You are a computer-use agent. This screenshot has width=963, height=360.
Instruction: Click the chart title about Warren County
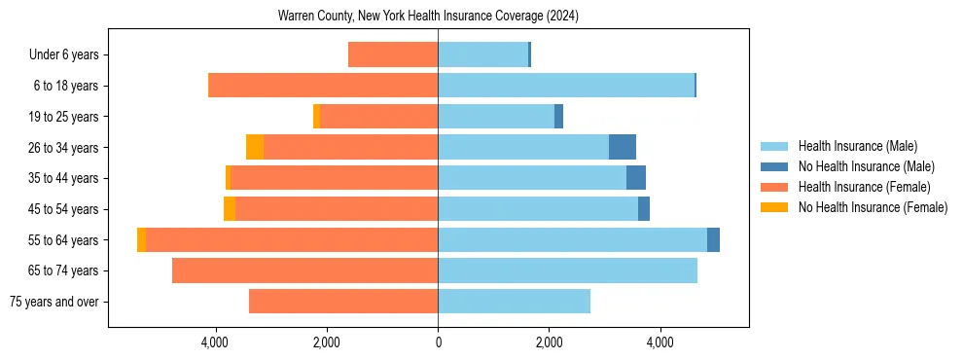tap(428, 17)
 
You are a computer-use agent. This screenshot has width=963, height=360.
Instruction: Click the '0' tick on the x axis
tap(438, 343)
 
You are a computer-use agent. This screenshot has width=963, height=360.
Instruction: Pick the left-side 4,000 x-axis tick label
tap(214, 343)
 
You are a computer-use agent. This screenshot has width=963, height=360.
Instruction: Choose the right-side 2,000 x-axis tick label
tap(549, 343)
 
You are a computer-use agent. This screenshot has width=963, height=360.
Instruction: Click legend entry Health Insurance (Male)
tap(857, 146)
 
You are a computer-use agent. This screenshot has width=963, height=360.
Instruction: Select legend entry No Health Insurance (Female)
tap(873, 207)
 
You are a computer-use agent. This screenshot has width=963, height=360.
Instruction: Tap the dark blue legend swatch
tap(774, 166)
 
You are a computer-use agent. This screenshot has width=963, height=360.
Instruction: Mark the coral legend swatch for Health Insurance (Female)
tap(774, 187)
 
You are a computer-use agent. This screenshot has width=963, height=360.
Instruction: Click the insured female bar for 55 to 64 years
tap(292, 239)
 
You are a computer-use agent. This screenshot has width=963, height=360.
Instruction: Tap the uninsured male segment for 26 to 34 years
tap(623, 147)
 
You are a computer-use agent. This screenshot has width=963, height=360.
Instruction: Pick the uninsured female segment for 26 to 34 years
tap(255, 147)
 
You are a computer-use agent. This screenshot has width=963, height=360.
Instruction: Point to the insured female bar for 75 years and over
tap(343, 302)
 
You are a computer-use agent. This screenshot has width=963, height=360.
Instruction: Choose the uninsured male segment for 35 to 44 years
tap(636, 178)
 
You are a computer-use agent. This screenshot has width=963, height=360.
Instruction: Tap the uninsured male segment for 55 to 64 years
tap(713, 239)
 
